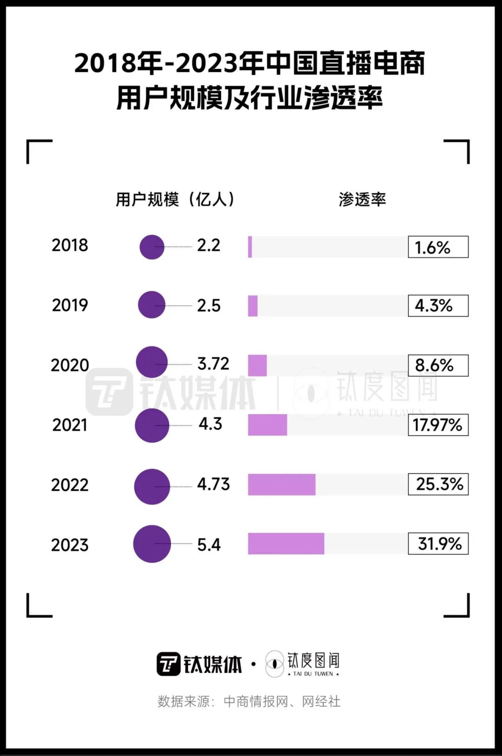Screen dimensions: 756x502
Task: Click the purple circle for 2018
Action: click(152, 247)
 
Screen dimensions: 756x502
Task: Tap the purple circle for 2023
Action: click(152, 544)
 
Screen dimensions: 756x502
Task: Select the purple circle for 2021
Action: click(152, 425)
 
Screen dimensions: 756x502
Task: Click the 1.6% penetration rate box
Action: click(438, 247)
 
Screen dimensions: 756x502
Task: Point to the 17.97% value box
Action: click(438, 425)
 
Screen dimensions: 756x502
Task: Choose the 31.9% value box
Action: click(438, 544)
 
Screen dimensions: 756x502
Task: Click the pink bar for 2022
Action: click(282, 484)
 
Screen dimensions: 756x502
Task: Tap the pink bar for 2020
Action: click(258, 365)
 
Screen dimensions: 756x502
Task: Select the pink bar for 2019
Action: click(253, 306)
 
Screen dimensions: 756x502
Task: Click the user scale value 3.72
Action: click(213, 364)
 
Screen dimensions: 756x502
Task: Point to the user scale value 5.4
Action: click(209, 544)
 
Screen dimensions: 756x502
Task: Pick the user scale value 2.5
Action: click(209, 305)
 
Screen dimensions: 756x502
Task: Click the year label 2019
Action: click(70, 305)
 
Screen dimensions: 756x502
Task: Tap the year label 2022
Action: click(70, 485)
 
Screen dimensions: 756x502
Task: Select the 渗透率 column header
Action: click(362, 199)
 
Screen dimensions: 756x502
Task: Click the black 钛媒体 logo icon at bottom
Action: click(168, 664)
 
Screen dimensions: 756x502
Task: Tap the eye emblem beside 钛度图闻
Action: click(275, 663)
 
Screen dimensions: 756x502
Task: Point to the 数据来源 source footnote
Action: click(249, 701)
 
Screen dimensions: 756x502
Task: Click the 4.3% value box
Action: click(438, 306)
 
